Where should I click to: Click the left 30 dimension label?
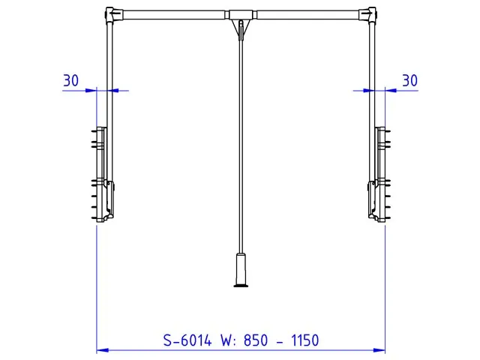point(71,80)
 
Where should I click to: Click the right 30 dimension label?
point(409,80)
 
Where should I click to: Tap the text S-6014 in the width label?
point(187,340)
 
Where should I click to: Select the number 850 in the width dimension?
point(256,340)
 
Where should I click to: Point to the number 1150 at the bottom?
point(305,340)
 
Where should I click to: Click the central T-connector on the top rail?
point(241,15)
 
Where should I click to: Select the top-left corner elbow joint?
point(112,15)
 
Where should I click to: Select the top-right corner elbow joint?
point(370,15)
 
